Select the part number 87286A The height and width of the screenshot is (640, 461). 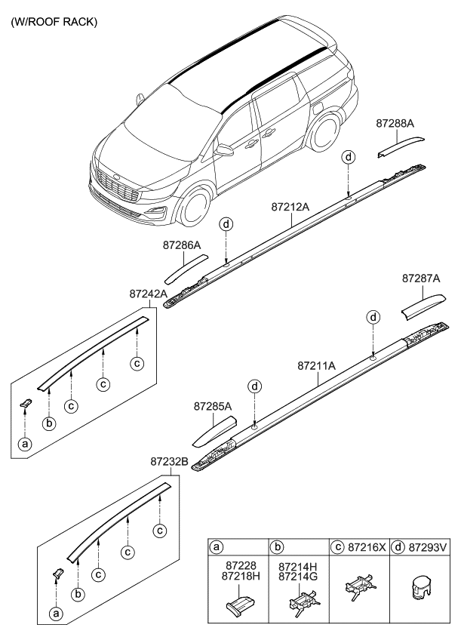182,245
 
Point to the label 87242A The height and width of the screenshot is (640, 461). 148,293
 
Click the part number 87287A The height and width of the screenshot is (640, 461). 421,278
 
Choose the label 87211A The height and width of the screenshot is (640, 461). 316,365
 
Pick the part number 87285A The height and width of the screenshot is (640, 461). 214,406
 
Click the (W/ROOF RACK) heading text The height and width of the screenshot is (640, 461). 54,23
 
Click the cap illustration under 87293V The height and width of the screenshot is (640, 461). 423,589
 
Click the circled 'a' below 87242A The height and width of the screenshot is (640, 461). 26,445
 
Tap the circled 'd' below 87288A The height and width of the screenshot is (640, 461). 349,157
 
